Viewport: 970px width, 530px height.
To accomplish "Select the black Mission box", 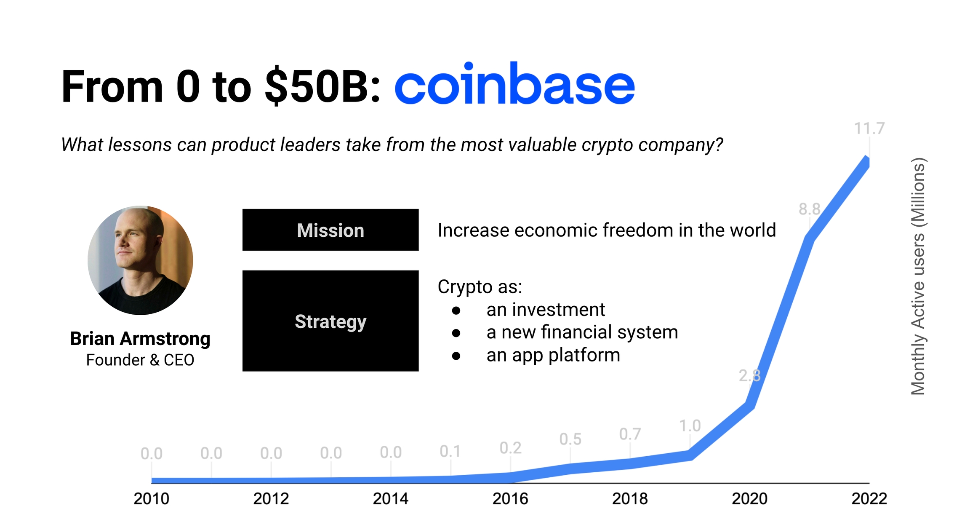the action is pyautogui.click(x=330, y=230).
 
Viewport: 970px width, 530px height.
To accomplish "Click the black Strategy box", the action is pyautogui.click(x=330, y=321).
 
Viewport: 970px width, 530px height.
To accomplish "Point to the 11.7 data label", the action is pyautogui.click(x=869, y=128).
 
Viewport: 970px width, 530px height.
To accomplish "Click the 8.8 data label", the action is pyautogui.click(x=810, y=209).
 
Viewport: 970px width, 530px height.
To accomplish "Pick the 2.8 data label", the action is pyautogui.click(x=750, y=375).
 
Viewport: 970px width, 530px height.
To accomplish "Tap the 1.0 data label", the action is pyautogui.click(x=690, y=426).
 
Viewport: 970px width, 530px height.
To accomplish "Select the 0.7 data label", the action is pyautogui.click(x=630, y=434).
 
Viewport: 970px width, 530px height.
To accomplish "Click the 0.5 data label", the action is pyautogui.click(x=570, y=439).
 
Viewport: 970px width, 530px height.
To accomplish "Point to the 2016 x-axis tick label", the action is pyautogui.click(x=510, y=499).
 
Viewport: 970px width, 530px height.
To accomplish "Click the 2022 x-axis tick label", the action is pyautogui.click(x=869, y=499).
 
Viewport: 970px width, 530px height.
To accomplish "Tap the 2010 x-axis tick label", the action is pyautogui.click(x=152, y=499).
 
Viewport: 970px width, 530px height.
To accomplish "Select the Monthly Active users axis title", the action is pyautogui.click(x=918, y=276).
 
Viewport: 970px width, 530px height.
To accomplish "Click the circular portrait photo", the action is pyautogui.click(x=140, y=260).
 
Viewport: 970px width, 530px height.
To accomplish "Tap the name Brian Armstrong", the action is pyautogui.click(x=140, y=339).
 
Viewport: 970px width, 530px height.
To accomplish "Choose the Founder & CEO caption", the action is pyautogui.click(x=140, y=360).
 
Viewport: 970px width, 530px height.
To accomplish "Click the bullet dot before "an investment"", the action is pyautogui.click(x=456, y=311).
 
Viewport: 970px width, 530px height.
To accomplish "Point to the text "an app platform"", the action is pyautogui.click(x=553, y=355).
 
